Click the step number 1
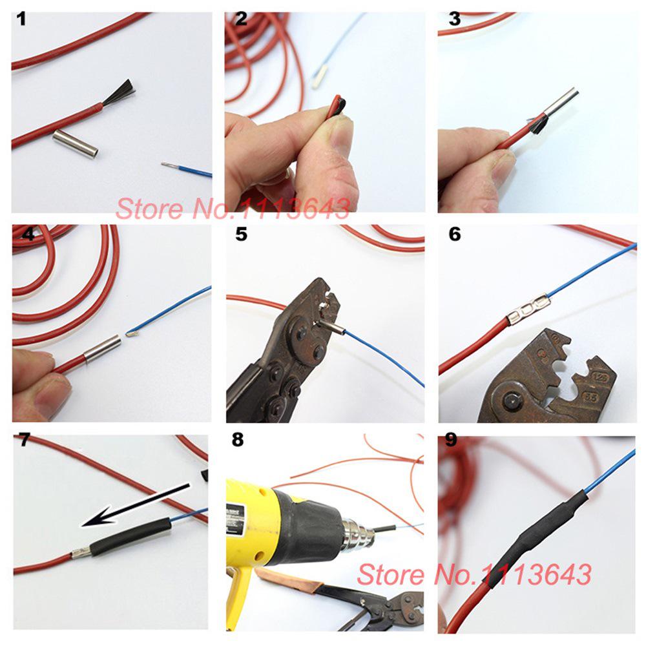click(x=22, y=19)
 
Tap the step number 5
click(x=241, y=234)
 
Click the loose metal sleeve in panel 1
click(x=74, y=142)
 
